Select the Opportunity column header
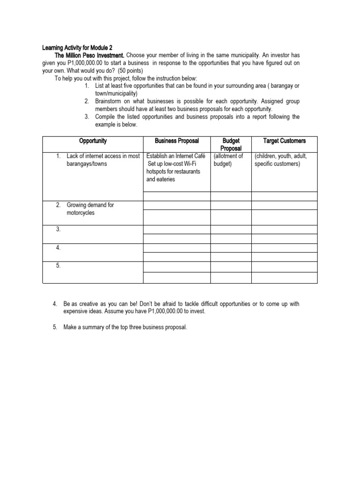coord(93,141)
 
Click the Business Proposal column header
coord(177,141)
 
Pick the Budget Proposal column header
coord(231,144)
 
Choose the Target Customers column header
coord(284,141)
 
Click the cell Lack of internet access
coord(103,156)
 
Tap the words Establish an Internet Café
coord(176,156)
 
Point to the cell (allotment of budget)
coord(228,160)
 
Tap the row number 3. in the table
coord(58,229)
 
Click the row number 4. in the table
coord(58,247)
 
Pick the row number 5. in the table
coord(58,265)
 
